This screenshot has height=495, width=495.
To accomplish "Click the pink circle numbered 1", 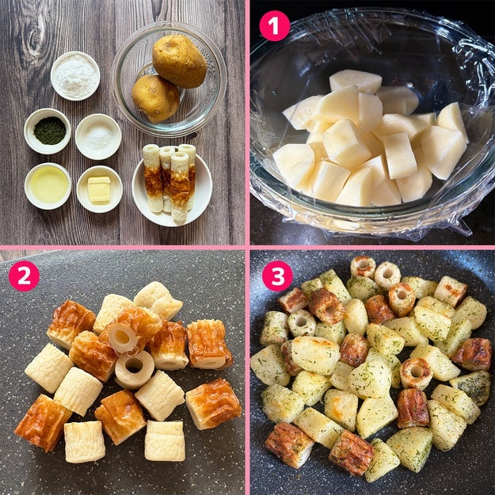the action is (x=274, y=26).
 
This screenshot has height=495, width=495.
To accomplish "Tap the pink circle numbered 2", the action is (x=24, y=276).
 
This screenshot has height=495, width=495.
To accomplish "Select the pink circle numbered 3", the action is (x=277, y=276).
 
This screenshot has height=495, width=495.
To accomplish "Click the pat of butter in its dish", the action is (x=99, y=189).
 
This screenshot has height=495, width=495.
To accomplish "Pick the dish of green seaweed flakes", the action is (x=48, y=131).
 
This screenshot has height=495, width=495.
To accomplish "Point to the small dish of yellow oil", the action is (x=48, y=186).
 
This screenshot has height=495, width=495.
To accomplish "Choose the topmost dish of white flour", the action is (x=75, y=76).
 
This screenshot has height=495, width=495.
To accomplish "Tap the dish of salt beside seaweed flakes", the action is (x=98, y=137).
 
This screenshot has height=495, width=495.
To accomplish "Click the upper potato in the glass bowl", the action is (x=179, y=61).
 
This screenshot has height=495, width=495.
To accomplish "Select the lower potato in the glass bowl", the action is (x=156, y=98).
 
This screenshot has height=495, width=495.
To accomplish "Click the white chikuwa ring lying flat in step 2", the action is (x=135, y=369).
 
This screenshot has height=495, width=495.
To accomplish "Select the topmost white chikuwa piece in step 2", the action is (x=158, y=300).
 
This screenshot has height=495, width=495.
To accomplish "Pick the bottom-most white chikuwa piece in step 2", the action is (x=165, y=440).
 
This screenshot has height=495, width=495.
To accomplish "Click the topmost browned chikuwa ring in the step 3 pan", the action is (x=363, y=267).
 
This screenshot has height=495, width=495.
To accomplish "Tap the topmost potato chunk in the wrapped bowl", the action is (x=356, y=81).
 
